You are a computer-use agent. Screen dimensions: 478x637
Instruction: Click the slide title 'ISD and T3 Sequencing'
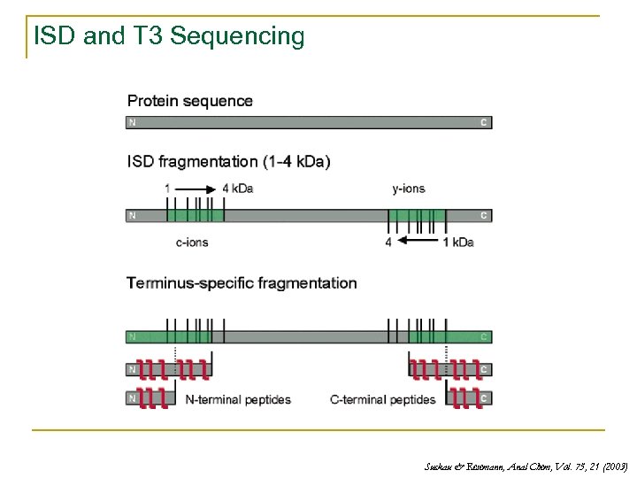[168, 36]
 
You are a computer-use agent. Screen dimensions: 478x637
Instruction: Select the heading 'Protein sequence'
[190, 101]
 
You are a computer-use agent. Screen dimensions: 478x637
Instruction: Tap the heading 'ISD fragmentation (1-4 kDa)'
[229, 161]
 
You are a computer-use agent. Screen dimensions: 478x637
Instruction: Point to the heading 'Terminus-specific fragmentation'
[242, 283]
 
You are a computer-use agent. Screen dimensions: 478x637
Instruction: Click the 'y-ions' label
[409, 188]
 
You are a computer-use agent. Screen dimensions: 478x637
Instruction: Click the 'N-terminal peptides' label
[238, 399]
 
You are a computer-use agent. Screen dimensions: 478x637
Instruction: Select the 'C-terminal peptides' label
[382, 399]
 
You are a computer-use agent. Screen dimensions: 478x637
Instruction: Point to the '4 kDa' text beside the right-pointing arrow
[237, 188]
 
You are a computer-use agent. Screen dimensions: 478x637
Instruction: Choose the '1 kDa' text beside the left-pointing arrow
[457, 242]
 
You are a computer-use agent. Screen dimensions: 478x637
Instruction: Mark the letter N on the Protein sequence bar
[132, 122]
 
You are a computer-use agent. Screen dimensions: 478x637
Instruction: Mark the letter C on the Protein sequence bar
[484, 122]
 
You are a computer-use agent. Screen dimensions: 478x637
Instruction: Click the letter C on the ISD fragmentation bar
[484, 215]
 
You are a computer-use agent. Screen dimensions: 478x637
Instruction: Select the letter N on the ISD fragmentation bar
[132, 215]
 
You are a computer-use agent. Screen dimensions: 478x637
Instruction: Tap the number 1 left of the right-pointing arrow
[167, 188]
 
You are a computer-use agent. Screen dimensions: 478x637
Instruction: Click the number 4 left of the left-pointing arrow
[389, 242]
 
